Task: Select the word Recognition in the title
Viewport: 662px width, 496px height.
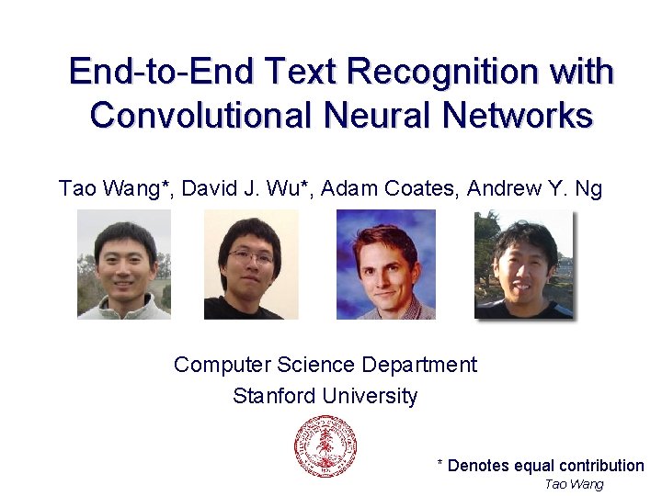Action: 434,72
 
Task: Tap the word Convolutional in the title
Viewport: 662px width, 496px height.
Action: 201,116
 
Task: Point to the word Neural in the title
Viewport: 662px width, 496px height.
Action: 378,116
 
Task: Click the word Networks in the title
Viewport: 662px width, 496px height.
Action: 518,116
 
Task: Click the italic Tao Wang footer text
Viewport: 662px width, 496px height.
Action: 574,484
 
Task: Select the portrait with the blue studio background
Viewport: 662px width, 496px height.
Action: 385,265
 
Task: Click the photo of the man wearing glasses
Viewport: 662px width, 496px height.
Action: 251,265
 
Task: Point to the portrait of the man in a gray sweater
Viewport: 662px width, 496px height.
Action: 123,265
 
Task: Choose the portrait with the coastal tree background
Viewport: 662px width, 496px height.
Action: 523,265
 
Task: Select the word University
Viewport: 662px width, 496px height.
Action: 368,396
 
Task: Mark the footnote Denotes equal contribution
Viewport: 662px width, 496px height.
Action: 545,466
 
